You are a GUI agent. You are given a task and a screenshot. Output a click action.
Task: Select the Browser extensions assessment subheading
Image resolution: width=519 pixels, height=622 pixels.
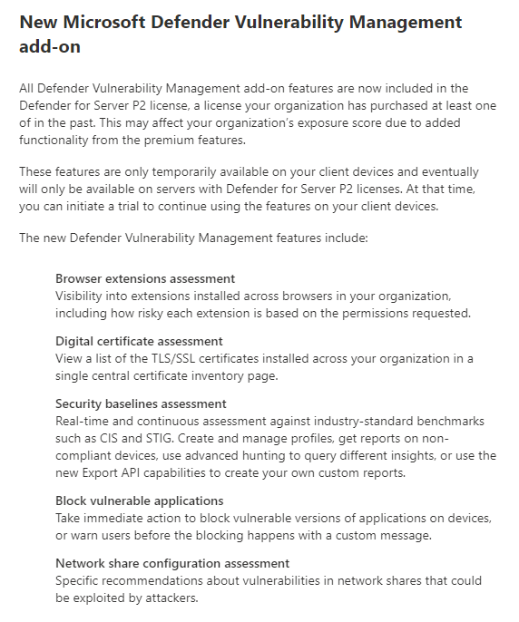click(x=145, y=278)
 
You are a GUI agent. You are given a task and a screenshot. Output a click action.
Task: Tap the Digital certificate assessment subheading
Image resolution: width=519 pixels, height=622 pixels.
click(x=139, y=341)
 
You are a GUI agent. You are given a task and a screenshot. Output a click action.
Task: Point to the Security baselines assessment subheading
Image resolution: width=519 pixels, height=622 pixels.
click(x=141, y=403)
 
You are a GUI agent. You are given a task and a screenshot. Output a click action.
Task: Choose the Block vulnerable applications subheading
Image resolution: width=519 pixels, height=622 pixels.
click(x=139, y=501)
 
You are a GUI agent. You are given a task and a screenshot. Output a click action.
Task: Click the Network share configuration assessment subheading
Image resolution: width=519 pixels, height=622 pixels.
click(x=172, y=563)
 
